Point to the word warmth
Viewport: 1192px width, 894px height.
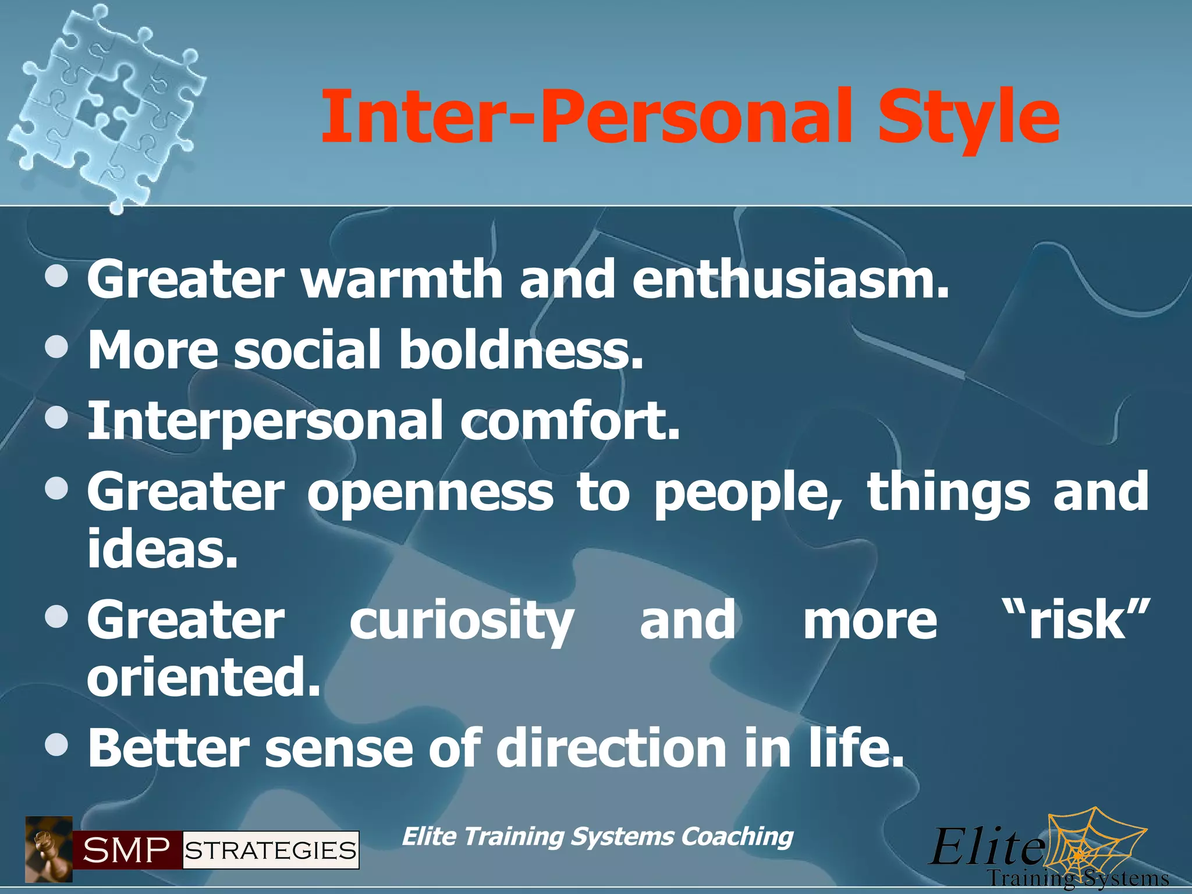point(402,281)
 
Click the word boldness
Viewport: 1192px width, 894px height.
point(521,351)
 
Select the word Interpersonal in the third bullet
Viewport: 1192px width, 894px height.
point(265,421)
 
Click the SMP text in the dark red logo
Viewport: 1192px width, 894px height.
point(126,850)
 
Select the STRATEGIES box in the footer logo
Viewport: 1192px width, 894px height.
point(271,850)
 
